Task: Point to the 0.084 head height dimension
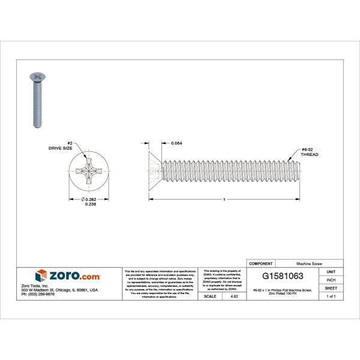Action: (177, 143)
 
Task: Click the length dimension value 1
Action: (224, 199)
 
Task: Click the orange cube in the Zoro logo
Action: (41, 275)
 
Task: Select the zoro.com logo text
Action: (74, 275)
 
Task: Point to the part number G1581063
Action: (283, 277)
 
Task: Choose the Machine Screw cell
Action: (308, 263)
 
